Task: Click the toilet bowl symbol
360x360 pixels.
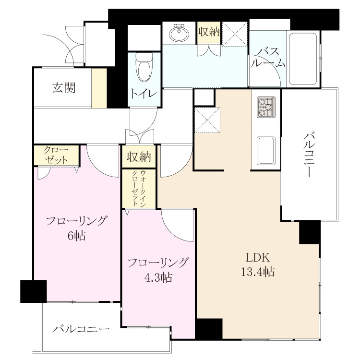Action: click(x=144, y=67)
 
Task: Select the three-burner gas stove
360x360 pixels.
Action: click(x=266, y=107)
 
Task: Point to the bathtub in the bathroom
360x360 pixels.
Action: click(x=303, y=59)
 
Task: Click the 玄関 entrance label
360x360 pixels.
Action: click(x=63, y=88)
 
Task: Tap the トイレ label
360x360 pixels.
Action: click(x=144, y=94)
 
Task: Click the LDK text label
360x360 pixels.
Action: click(x=257, y=258)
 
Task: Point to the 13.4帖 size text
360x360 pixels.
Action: click(x=257, y=272)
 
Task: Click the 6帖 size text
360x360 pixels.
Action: click(x=77, y=235)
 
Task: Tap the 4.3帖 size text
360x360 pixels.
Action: click(x=158, y=277)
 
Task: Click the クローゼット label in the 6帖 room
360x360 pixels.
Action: click(x=56, y=155)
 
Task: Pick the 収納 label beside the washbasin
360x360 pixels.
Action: click(x=209, y=32)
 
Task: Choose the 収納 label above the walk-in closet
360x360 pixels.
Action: click(x=139, y=156)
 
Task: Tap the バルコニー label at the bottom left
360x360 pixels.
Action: click(x=81, y=329)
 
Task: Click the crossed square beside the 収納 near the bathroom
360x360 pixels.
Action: click(x=234, y=34)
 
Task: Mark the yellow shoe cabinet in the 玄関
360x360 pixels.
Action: click(x=99, y=88)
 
